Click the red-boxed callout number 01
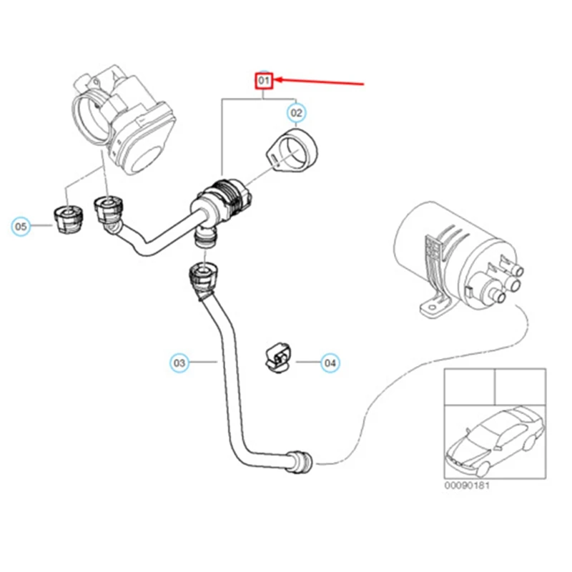pyautogui.click(x=265, y=82)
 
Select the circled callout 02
pyautogui.click(x=296, y=112)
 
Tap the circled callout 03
pyautogui.click(x=179, y=363)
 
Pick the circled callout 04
pyautogui.click(x=330, y=363)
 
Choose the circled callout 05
pyautogui.click(x=21, y=227)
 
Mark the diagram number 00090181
pyautogui.click(x=468, y=485)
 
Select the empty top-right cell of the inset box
pyautogui.click(x=521, y=386)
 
